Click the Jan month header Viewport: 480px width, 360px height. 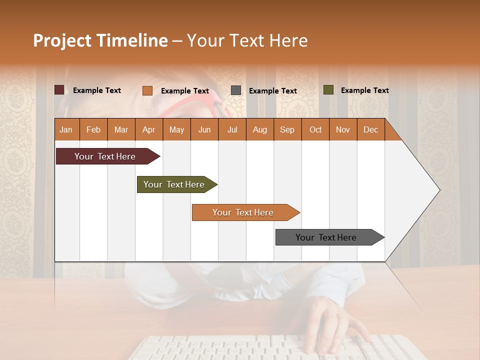click(66, 130)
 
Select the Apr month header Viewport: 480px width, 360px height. click(148, 130)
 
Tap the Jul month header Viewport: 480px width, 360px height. click(232, 130)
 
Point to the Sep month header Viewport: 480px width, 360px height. click(287, 130)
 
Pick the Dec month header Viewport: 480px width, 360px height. click(370, 130)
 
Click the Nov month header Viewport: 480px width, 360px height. click(342, 130)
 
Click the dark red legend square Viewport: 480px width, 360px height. click(59, 90)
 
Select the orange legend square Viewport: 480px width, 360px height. click(147, 90)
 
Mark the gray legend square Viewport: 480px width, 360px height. click(236, 90)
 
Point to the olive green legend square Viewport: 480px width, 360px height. click(328, 90)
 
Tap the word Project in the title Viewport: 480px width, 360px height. click(62, 40)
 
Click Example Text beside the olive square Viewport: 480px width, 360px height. click(364, 90)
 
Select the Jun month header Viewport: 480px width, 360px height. click(204, 130)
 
